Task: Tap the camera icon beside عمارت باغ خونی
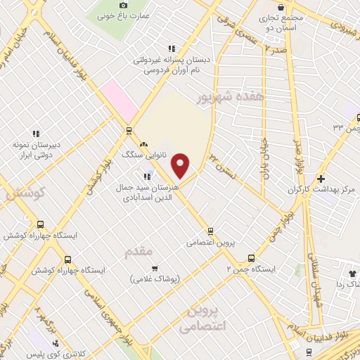124,6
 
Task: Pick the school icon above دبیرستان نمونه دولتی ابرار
35,134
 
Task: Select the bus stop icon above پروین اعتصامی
210,231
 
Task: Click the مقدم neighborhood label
138,251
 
